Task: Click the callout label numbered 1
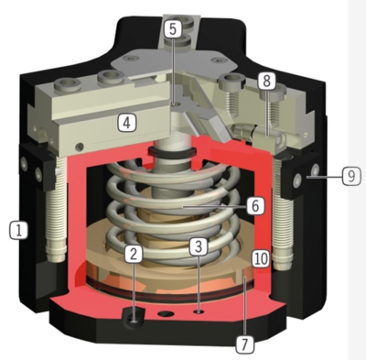(x=19, y=230)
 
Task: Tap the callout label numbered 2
(x=133, y=254)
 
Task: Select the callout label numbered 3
(x=199, y=246)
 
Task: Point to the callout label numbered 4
(x=127, y=122)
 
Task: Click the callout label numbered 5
(x=173, y=29)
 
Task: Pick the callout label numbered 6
(x=255, y=205)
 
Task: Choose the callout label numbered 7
(x=244, y=344)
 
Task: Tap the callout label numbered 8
(x=266, y=81)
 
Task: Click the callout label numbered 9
(x=351, y=176)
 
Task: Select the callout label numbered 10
(x=261, y=258)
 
